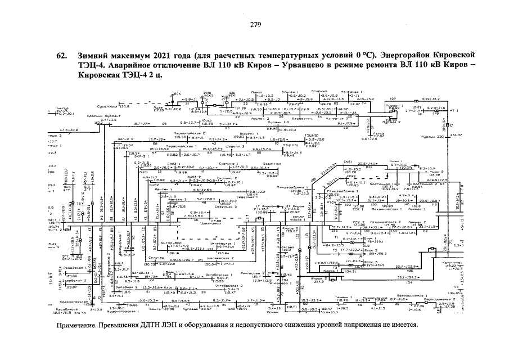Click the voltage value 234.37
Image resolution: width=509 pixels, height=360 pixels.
(x=456, y=135)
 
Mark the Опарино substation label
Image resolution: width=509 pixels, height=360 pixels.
(x=319, y=91)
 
